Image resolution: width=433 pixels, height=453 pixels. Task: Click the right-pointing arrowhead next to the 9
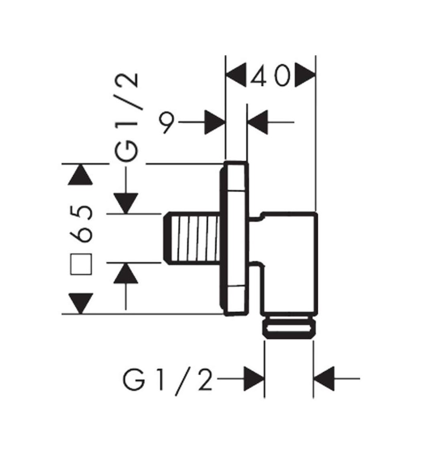[x=215, y=123]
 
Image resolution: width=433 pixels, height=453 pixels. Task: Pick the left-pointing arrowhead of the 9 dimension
[x=258, y=123]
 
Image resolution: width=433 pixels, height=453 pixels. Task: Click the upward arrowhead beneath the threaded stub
[x=126, y=273]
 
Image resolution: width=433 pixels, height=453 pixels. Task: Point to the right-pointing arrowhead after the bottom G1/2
[x=254, y=379]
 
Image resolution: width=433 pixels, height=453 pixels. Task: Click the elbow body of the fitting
[x=290, y=261]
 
